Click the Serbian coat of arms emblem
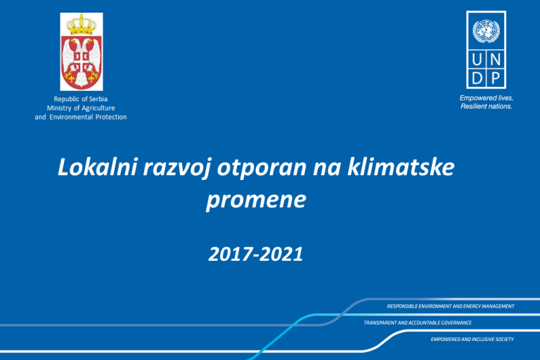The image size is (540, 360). pos(82,51)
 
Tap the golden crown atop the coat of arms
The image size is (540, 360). pos(82,25)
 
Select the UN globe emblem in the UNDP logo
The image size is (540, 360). pos(486,31)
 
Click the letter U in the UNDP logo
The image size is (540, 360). pos(477,60)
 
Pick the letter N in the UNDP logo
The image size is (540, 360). pos(495,60)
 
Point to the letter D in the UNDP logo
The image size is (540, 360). pos(477,79)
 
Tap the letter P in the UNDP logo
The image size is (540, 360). pos(495,79)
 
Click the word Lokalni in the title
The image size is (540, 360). pos(98,167)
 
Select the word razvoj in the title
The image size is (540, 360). pos(176,169)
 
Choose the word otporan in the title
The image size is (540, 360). pos(262,169)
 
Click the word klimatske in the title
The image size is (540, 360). pos(401,167)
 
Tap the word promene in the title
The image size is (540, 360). pos(256,201)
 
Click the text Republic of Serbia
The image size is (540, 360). pos(81,99)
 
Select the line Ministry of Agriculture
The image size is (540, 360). pos(81,108)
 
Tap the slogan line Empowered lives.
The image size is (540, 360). pos(487,98)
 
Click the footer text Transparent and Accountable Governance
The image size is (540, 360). pos(418,323)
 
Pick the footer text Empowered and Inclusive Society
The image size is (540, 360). pos(472,340)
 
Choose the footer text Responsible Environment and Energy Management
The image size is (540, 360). pos(451,307)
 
